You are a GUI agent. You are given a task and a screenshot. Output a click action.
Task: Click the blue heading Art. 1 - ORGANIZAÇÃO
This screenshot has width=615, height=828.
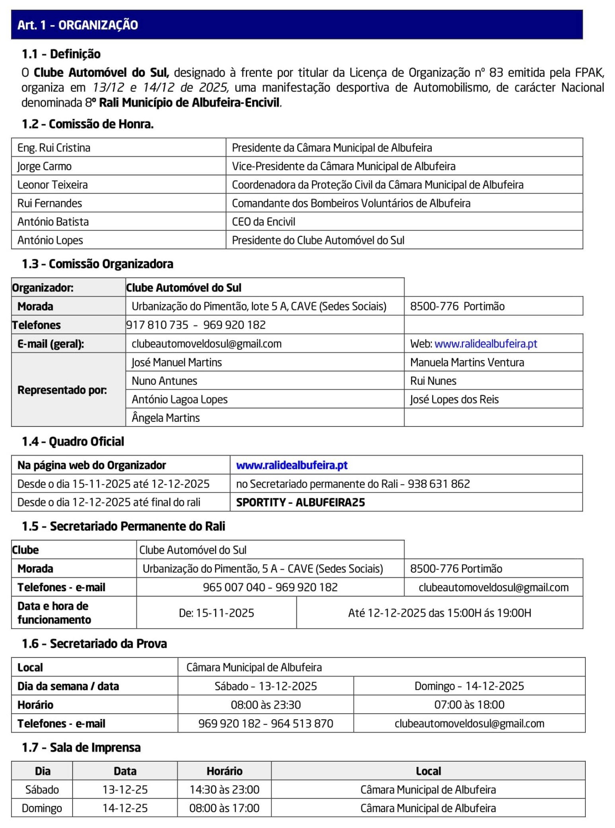click(78, 25)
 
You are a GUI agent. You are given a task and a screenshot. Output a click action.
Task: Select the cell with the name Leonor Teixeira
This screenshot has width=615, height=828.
click(53, 185)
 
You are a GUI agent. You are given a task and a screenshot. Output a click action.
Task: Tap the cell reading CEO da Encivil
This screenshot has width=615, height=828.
click(264, 222)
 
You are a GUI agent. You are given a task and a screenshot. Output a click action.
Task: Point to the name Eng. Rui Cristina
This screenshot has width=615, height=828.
click(54, 148)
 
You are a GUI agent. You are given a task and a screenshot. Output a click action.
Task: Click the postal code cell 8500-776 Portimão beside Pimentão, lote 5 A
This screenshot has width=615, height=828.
click(457, 306)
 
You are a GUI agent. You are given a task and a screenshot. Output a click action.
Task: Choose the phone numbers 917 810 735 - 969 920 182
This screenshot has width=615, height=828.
click(196, 325)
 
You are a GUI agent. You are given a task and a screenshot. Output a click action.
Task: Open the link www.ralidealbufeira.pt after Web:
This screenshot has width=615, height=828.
click(486, 344)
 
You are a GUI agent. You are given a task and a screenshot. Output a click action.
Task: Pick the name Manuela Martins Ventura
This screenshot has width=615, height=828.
click(467, 362)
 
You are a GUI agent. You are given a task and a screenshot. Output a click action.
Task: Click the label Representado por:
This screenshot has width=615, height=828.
click(62, 390)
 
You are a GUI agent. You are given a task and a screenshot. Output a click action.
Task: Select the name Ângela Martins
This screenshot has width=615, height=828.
click(166, 418)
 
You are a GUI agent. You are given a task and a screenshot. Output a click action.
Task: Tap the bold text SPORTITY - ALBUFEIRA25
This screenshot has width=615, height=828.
click(301, 502)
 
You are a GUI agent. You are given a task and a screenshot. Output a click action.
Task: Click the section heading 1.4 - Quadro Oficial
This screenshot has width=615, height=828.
click(73, 442)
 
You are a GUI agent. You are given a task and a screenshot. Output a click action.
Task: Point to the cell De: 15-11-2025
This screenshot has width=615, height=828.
click(217, 613)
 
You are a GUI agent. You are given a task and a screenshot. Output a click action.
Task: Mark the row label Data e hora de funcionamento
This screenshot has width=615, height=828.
click(54, 613)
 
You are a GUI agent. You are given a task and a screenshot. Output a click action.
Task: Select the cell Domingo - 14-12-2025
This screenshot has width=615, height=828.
click(469, 686)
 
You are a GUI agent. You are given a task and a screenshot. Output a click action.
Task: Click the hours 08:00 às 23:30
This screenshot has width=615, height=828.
click(266, 705)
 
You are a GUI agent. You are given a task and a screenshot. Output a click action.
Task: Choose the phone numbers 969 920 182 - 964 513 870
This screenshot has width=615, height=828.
click(266, 723)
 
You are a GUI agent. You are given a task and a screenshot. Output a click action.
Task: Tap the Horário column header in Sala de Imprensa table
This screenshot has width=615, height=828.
click(224, 771)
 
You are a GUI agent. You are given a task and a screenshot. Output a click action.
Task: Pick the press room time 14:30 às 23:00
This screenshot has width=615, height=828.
click(224, 790)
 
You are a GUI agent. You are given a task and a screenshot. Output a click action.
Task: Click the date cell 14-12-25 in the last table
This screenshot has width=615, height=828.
click(125, 808)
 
